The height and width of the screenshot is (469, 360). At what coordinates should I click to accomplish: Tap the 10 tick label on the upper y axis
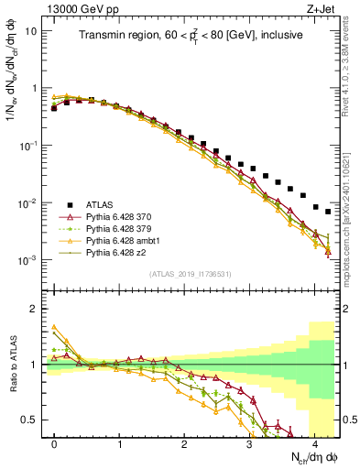point(31,30)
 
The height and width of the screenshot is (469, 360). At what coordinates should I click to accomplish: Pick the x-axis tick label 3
point(249,442)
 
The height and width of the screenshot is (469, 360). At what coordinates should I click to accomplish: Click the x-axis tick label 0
point(55,442)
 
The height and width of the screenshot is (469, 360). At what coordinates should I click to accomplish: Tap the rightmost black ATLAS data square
point(328,212)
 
